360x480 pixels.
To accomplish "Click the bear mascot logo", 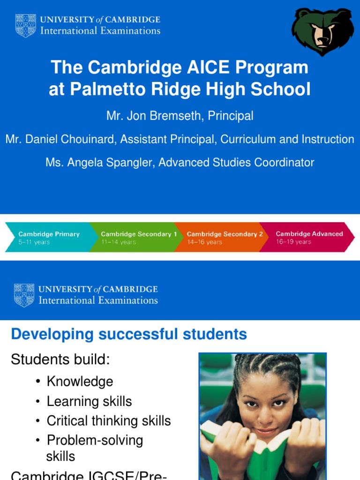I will point(322,31).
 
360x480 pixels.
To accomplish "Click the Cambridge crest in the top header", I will point(25,25).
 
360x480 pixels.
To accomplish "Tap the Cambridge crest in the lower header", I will point(24,295).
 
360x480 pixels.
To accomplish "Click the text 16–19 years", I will point(293,242).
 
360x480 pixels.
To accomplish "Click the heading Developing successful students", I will point(128,334).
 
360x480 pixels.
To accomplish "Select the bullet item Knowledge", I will point(80,382).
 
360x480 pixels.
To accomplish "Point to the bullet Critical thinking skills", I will point(109,420).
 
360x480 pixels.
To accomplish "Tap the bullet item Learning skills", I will point(89,401).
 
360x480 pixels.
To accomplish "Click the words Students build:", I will point(60,360).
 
